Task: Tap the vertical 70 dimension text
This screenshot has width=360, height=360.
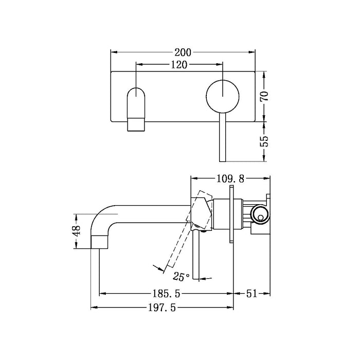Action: pos(265,96)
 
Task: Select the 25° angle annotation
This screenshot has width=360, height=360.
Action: pos(181,277)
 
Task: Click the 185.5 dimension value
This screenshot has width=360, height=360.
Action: pos(167,294)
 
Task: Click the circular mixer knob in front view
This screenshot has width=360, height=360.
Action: pos(223,96)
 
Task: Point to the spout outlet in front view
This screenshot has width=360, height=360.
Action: pos(135,124)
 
